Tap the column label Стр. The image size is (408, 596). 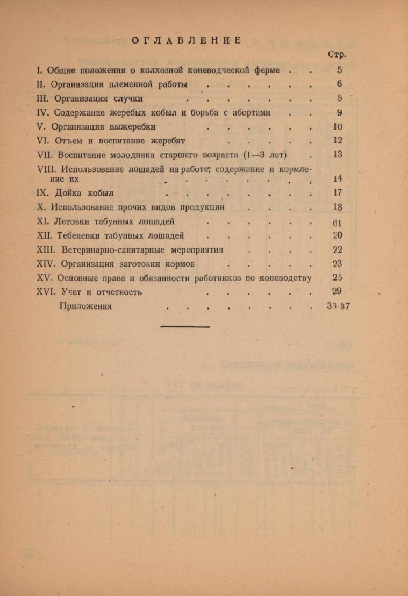[x=337, y=54]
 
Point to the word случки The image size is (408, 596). [x=128, y=98]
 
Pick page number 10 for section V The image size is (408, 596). [x=338, y=127]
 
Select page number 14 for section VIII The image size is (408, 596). [x=338, y=178]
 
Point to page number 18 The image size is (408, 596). [x=338, y=207]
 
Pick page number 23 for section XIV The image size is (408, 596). [x=338, y=263]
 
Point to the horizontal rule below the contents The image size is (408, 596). [x=185, y=326]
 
